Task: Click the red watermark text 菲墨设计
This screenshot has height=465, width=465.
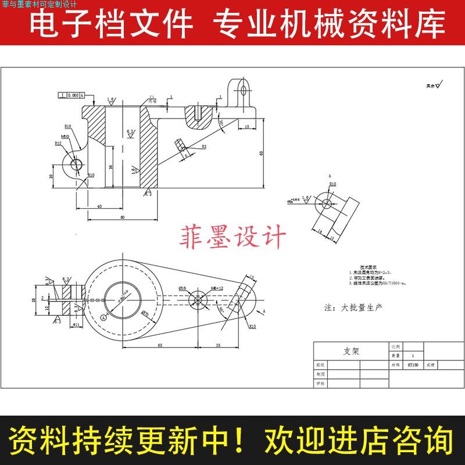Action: coord(235,237)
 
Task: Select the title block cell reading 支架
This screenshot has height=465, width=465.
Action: coord(351,352)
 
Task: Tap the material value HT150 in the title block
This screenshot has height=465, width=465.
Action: coord(413,366)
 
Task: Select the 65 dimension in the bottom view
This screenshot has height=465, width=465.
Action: coord(159,345)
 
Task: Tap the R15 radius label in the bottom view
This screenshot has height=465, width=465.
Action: coord(253,327)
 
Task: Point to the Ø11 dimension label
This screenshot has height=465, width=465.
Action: coord(76,325)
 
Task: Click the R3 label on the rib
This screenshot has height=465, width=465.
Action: coord(205,147)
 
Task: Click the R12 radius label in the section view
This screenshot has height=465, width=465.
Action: coord(58,143)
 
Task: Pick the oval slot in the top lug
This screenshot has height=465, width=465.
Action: coord(244,90)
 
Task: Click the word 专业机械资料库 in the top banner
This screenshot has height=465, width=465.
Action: coord(330,24)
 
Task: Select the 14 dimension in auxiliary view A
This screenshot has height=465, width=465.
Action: coord(320,231)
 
